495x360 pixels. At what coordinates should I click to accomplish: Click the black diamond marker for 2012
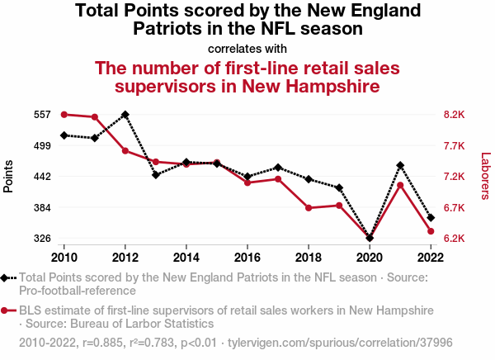pyautogui.click(x=125, y=115)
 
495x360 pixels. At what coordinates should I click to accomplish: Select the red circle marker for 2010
pyautogui.click(x=64, y=114)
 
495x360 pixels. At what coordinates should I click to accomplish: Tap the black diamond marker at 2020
pyautogui.click(x=370, y=239)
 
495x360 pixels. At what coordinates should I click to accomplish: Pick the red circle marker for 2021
pyautogui.click(x=400, y=186)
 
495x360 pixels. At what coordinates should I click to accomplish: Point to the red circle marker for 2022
pyautogui.click(x=431, y=231)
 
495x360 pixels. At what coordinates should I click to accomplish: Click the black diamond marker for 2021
pyautogui.click(x=400, y=166)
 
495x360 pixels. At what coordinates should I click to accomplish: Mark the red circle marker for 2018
pyautogui.click(x=309, y=208)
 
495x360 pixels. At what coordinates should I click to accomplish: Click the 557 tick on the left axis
pyautogui.click(x=43, y=115)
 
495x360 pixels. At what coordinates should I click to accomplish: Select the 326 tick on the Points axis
pyautogui.click(x=43, y=239)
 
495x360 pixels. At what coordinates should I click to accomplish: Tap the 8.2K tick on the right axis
pyautogui.click(x=456, y=115)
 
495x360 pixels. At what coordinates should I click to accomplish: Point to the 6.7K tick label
pyautogui.click(x=456, y=208)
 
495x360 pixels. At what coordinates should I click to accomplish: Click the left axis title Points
pyautogui.click(x=9, y=176)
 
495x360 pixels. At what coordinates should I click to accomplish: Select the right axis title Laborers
pyautogui.click(x=485, y=176)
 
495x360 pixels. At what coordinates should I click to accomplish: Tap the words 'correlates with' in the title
pyautogui.click(x=247, y=48)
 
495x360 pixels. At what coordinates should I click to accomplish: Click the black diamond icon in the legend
pyautogui.click(x=6, y=278)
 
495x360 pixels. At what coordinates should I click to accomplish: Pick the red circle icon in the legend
pyautogui.click(x=6, y=310)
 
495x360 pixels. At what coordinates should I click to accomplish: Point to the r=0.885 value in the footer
pyautogui.click(x=101, y=342)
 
